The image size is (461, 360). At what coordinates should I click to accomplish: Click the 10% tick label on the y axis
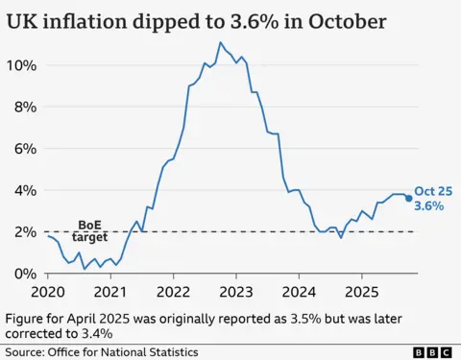click(x=22, y=65)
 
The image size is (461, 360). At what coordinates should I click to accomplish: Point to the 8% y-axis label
click(x=26, y=107)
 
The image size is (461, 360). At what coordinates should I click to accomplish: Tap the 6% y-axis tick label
click(x=26, y=149)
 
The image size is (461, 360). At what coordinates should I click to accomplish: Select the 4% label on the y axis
click(x=26, y=190)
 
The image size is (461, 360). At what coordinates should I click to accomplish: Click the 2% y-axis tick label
click(x=26, y=231)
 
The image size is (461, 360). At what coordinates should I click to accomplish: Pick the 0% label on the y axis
click(x=26, y=274)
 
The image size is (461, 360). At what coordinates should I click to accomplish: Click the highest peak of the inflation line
click(x=221, y=42)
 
